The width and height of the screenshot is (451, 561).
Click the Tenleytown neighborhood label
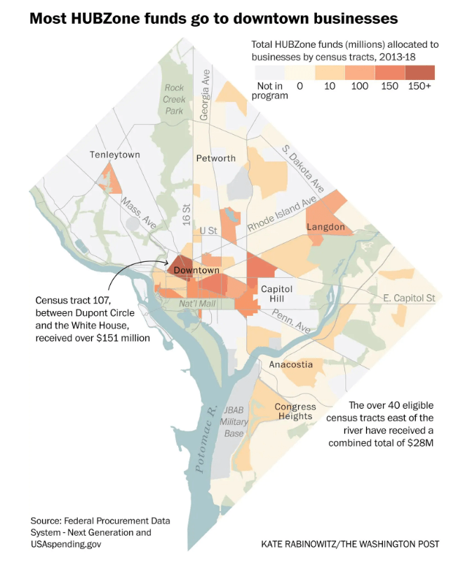115,154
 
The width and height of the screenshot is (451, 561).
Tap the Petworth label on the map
216,158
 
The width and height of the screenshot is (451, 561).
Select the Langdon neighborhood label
325,227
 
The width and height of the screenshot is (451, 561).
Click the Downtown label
196,270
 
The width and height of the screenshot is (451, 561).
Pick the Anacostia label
291,364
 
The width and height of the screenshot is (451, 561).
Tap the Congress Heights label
295,411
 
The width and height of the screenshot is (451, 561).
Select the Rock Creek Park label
173,99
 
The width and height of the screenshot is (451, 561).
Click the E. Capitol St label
410,298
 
